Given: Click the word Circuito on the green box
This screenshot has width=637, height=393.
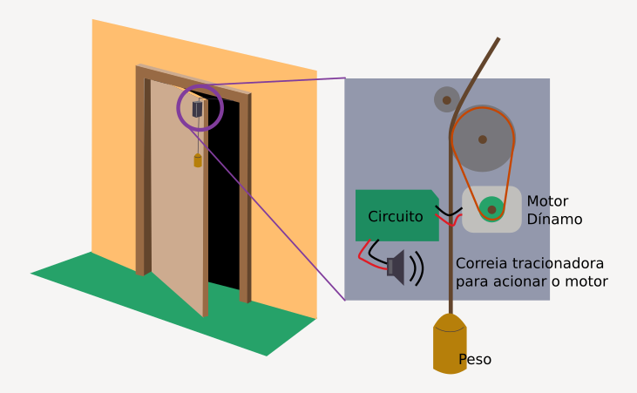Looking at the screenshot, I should pyautogui.click(x=396, y=216).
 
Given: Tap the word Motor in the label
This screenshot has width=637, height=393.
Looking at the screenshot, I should pyautogui.click(x=548, y=201).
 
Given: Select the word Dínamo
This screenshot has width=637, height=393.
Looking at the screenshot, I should pyautogui.click(x=554, y=220).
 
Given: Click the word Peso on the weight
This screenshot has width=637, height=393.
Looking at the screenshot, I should pyautogui.click(x=475, y=359).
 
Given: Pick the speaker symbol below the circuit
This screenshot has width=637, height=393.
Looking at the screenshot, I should pyautogui.click(x=397, y=268).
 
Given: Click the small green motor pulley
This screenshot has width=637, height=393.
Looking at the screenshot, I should pyautogui.click(x=491, y=209).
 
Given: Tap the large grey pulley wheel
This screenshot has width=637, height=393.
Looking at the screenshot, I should pyautogui.click(x=482, y=139).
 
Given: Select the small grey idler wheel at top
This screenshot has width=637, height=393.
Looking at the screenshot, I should pyautogui.click(x=446, y=100).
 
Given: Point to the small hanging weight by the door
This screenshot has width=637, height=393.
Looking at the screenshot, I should pyautogui.click(x=198, y=160).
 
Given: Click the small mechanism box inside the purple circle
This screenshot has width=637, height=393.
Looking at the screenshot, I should pyautogui.click(x=197, y=110).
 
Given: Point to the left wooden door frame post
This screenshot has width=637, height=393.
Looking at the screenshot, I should pyautogui.click(x=139, y=174).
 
